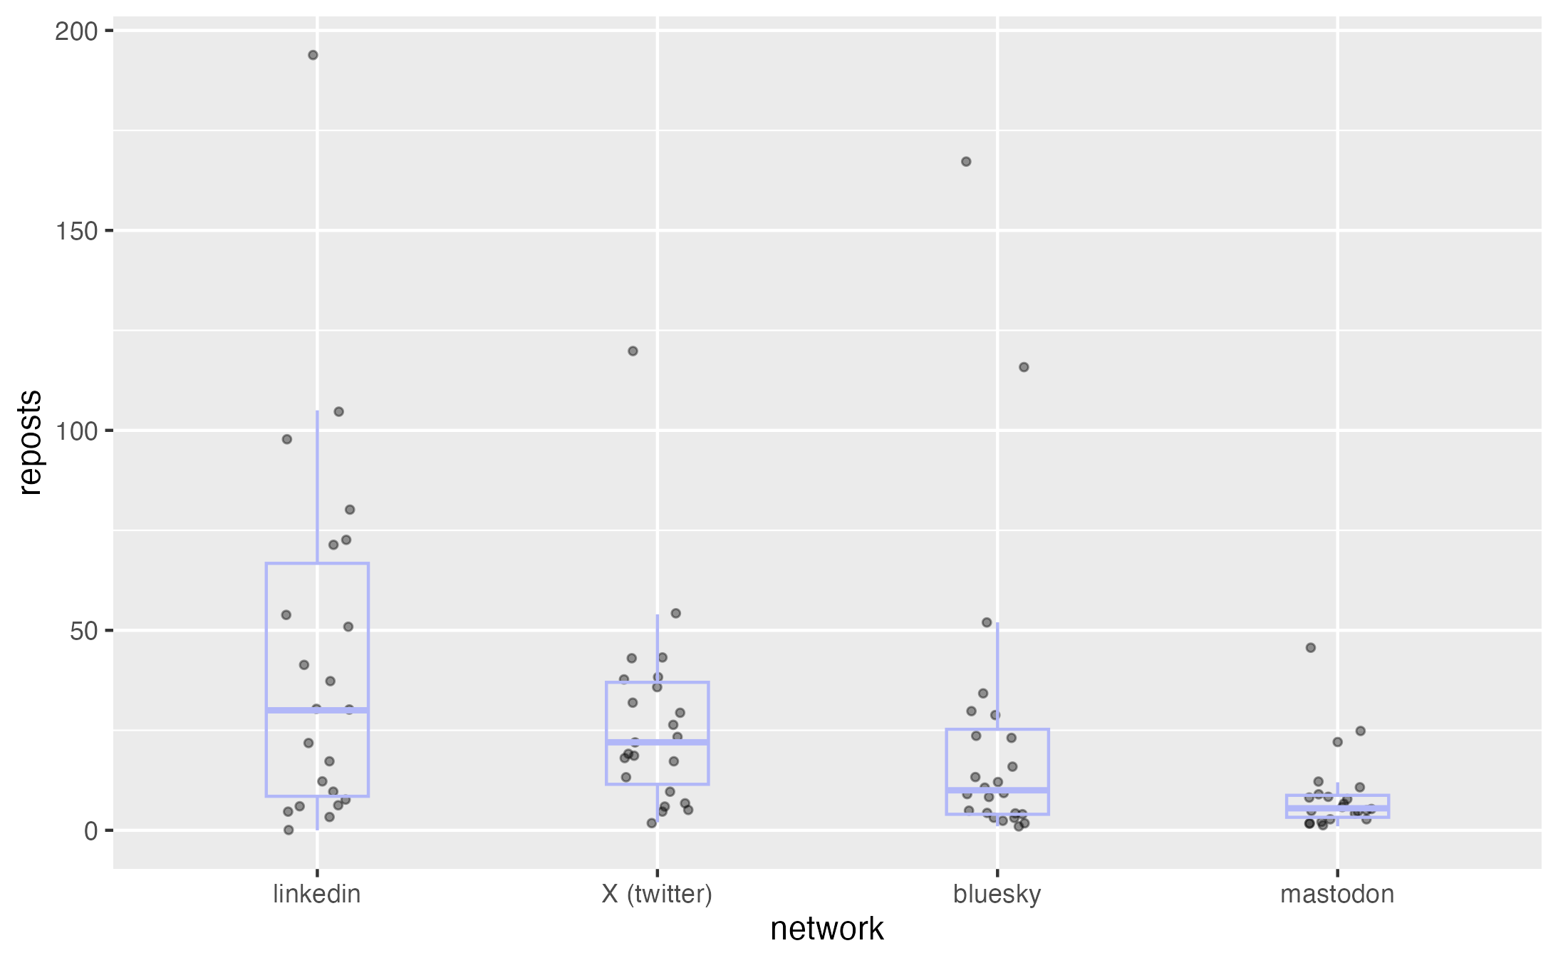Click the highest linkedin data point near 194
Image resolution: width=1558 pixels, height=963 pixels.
(313, 56)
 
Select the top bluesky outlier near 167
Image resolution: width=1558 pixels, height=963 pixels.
(966, 162)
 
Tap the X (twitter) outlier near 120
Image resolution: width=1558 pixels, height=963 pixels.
(633, 351)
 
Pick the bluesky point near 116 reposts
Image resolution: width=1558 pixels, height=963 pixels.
(1024, 367)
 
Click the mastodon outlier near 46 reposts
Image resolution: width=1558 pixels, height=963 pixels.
(1311, 648)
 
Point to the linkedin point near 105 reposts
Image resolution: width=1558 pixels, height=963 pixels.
(339, 412)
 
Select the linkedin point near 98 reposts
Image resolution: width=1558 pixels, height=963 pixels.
(287, 439)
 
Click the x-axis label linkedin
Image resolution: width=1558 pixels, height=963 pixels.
(317, 895)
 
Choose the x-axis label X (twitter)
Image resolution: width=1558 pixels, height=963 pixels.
(657, 895)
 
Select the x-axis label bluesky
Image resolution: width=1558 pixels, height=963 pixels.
(997, 895)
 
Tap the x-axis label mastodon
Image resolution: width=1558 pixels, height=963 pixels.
(1337, 895)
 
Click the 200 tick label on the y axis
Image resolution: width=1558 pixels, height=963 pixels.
(76, 31)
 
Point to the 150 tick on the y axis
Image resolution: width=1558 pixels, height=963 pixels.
(76, 231)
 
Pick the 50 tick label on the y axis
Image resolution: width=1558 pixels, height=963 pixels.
(83, 631)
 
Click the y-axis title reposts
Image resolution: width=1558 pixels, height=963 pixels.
(31, 442)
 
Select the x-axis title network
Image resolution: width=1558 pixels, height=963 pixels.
(827, 929)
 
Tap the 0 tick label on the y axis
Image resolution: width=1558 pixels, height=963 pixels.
(90, 831)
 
